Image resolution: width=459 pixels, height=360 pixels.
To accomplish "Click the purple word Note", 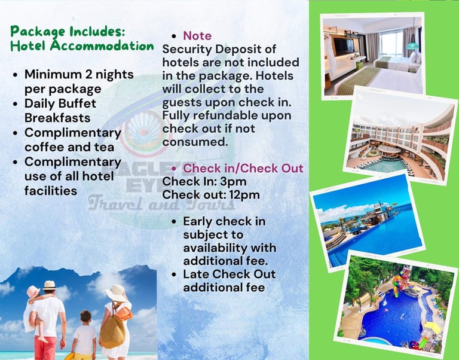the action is click(197, 36).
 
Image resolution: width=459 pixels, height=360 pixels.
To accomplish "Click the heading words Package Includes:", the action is click(68, 32).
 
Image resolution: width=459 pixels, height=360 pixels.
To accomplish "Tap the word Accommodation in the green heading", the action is click(102, 45).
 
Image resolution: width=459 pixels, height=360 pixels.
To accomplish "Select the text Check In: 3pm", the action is click(204, 182).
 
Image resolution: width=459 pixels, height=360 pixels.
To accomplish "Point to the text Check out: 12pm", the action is click(211, 195).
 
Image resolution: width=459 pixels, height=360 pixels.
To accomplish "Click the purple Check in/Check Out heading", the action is click(243, 169).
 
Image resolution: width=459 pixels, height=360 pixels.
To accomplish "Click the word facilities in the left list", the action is click(51, 191).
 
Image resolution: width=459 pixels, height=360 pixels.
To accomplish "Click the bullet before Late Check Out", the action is click(174, 274).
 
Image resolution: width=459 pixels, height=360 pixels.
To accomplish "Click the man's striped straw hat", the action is click(50, 285).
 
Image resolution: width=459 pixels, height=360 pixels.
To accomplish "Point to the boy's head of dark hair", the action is click(86, 316).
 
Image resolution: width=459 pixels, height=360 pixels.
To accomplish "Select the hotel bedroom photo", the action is click(373, 56).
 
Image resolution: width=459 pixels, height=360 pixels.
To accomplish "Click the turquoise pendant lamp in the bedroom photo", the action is click(413, 45).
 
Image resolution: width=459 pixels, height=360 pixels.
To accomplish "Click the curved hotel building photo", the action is click(400, 136).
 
